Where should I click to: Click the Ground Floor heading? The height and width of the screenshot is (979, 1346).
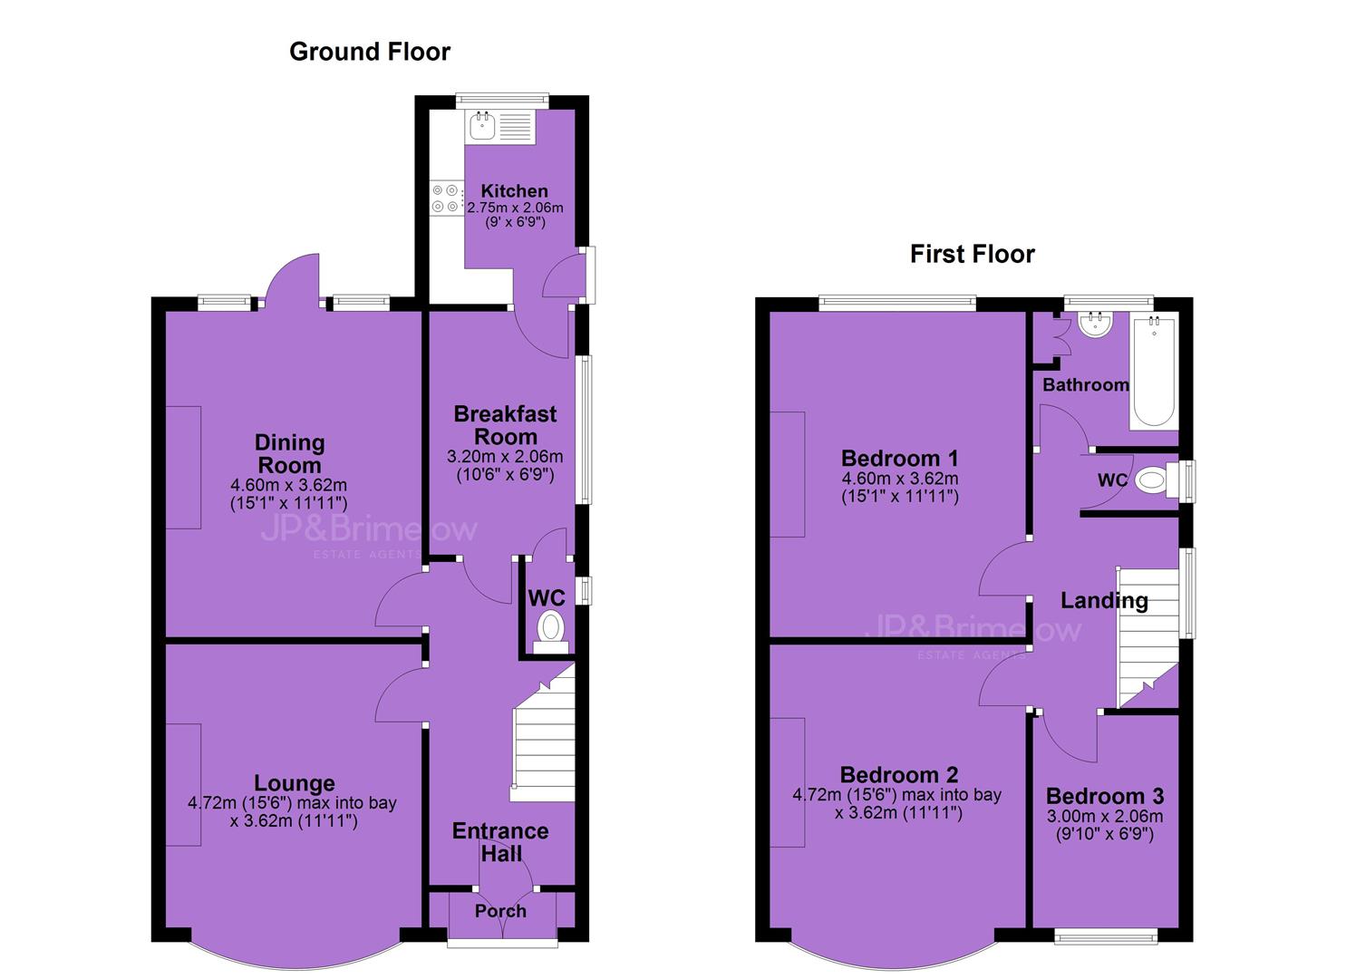click(x=370, y=52)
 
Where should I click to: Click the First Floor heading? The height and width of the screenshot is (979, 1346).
click(x=973, y=254)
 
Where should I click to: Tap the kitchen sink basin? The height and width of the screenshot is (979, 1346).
click(x=482, y=127)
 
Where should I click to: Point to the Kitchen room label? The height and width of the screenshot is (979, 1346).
click(x=514, y=191)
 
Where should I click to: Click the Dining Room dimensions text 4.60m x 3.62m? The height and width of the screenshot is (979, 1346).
click(x=288, y=485)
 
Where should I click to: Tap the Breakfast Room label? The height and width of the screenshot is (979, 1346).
click(x=506, y=425)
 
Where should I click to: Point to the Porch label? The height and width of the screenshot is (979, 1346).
click(x=500, y=911)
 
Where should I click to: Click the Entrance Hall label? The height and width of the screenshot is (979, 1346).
click(x=500, y=842)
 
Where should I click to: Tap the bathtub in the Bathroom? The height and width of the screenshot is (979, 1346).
click(x=1153, y=372)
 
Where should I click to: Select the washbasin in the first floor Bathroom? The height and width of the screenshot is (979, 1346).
click(x=1096, y=324)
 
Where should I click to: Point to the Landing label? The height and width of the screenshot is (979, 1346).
click(x=1104, y=600)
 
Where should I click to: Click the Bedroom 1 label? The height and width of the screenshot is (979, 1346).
click(x=899, y=459)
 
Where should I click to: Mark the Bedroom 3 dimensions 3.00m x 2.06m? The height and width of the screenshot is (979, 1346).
click(x=1104, y=816)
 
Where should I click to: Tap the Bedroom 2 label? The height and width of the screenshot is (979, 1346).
click(x=899, y=775)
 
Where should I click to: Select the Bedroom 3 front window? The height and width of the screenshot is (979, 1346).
click(x=1106, y=936)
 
